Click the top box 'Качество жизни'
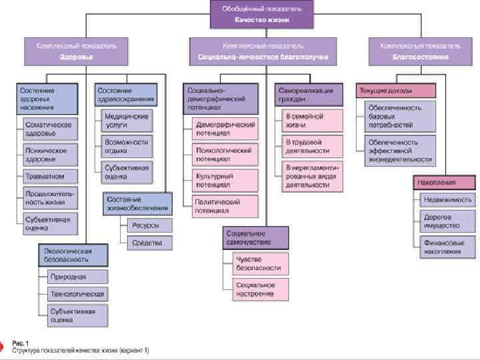262,15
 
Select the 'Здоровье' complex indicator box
71,51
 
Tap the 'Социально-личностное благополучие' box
263,51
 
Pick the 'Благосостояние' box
420,51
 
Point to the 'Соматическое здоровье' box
51,128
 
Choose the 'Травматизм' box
51,176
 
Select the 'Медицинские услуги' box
127,120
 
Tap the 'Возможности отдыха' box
127,145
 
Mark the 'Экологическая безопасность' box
73,254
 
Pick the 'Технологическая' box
77,293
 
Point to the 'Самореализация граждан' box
309,95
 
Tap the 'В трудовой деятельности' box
313,146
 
